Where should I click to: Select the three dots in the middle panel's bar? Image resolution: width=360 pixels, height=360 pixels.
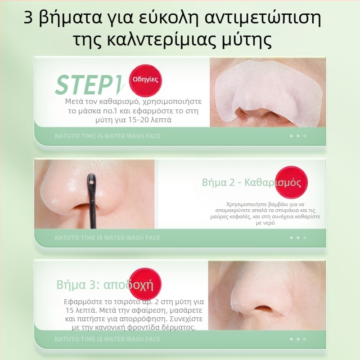pos(297,238)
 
